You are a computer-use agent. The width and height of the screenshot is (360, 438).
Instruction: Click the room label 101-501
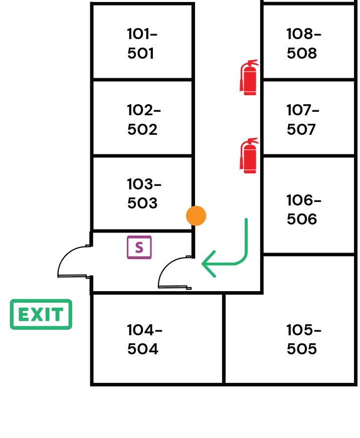[x=142, y=44]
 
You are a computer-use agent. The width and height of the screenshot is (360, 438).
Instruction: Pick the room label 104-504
[x=144, y=339]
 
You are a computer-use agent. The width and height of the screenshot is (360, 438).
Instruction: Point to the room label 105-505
[x=303, y=339]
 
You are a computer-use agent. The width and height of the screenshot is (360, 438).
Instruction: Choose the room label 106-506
[x=303, y=209]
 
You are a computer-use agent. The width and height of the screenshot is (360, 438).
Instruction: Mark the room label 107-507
[x=302, y=119]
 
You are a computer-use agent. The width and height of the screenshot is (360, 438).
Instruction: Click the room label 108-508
[x=303, y=44]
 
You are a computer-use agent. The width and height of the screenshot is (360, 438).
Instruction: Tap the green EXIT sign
[x=41, y=314]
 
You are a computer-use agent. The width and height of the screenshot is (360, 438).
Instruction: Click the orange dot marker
[x=196, y=215]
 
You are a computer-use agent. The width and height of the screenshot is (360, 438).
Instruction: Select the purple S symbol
[x=139, y=247]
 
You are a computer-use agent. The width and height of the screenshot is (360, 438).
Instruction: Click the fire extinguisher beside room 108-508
[x=249, y=77]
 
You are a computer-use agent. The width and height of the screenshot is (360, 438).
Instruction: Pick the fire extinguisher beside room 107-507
[x=249, y=156]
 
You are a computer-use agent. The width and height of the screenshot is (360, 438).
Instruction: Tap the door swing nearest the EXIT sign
[x=74, y=262]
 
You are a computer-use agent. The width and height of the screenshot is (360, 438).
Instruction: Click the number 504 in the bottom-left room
[x=142, y=349]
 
